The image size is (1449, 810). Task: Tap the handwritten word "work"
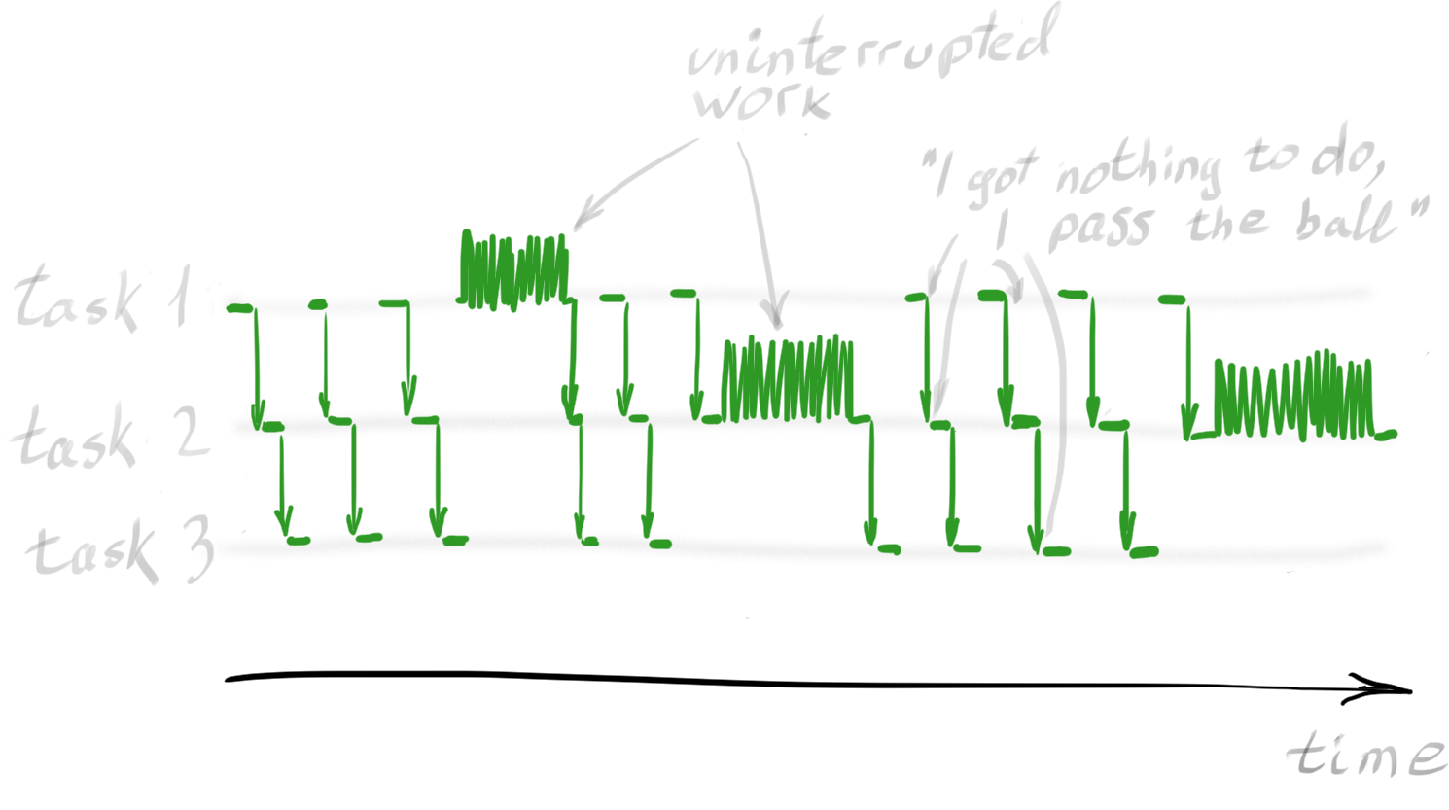[x=763, y=101]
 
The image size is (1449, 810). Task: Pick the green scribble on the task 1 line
[x=513, y=269]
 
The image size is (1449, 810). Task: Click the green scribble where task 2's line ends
[x=1293, y=397]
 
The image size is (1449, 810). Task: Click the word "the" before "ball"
[x=1227, y=221]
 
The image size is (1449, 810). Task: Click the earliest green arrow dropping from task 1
[x=257, y=360]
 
